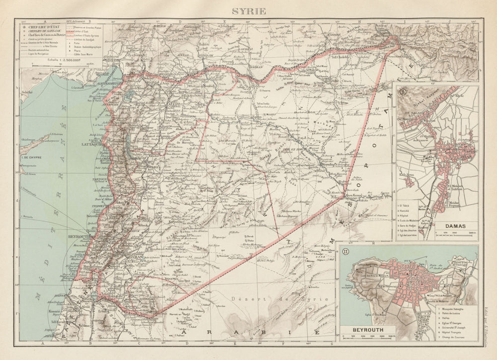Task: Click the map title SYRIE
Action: pos(248,11)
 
